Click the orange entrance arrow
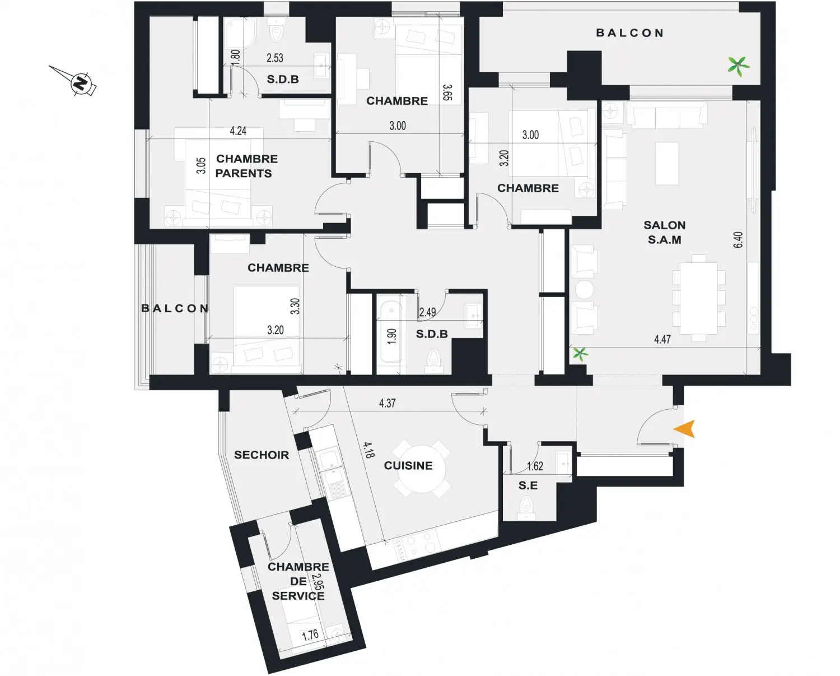point(685,429)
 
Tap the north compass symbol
point(81,83)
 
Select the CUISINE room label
point(408,465)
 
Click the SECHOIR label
point(262,455)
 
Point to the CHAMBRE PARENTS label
point(246,166)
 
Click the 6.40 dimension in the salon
point(738,240)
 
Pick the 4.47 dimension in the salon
point(662,339)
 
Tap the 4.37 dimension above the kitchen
point(387,403)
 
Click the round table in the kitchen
point(421,468)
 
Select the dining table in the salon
point(699,298)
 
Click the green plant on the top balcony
point(739,66)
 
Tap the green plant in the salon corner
point(580,354)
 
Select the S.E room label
point(528,486)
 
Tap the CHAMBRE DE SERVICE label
point(298,581)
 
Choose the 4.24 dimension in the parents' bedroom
point(238,131)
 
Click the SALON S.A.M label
point(664,232)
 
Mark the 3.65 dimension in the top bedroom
point(447,92)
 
